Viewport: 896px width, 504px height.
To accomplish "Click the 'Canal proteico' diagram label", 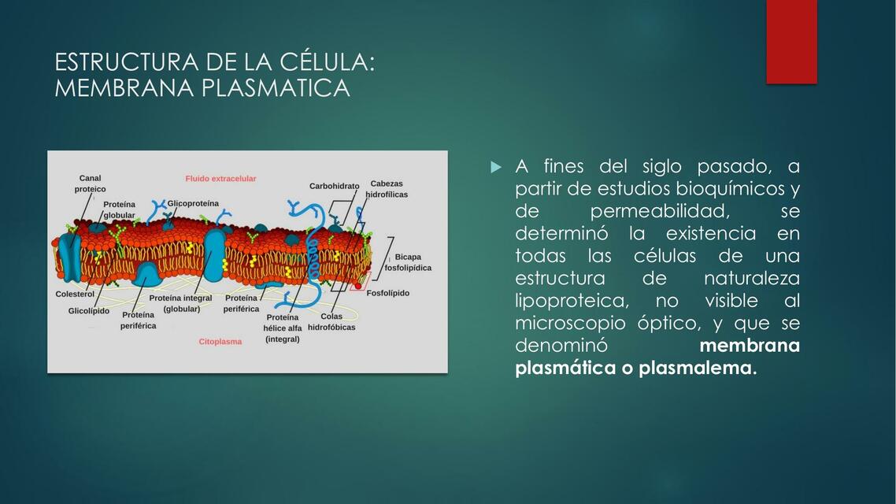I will point(90,183).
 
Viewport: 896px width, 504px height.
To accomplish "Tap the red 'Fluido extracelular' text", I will point(220,179).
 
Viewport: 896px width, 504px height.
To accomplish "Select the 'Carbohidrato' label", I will point(334,187).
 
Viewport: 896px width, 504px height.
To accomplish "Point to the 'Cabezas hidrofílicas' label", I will point(387,189).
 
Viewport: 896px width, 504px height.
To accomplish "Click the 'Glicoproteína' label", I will point(193,203).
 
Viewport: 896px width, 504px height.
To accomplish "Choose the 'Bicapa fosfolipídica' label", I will point(408,262).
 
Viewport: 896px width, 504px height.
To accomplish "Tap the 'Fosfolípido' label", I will point(388,293).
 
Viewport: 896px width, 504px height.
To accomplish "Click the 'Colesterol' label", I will point(75,294).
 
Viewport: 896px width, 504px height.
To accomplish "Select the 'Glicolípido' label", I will point(89,311).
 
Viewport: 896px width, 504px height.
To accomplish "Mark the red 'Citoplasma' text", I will point(220,342).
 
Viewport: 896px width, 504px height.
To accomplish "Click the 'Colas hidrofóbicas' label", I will point(331,321).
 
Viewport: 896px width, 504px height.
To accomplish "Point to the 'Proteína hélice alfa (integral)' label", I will point(283,328).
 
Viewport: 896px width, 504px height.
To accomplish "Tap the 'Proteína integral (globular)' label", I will point(181,303).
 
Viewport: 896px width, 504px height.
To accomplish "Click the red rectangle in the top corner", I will point(791,41).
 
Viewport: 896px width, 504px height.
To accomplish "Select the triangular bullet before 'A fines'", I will point(495,167).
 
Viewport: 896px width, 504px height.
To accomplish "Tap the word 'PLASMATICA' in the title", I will point(276,88).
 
